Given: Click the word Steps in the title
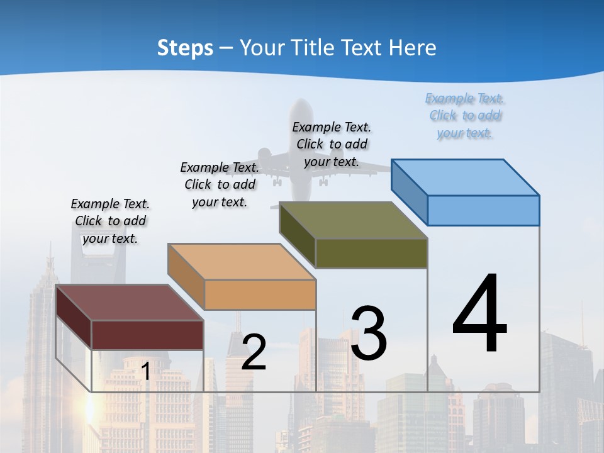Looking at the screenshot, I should pos(185,48).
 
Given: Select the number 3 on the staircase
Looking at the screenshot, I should pos(369,333).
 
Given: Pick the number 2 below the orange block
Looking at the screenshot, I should pos(254,352).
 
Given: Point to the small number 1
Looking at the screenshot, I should pos(145,371).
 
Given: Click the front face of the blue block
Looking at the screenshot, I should pos(483,210).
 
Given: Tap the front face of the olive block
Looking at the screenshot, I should pos(371,254).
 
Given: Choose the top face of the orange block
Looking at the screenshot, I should pos(242,261).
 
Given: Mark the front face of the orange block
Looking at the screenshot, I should pos(260,294).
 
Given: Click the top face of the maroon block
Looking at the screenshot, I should pos(130,303).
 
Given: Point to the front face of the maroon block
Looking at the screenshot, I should pos(147,335).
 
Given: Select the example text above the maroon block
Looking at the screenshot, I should pos(110,221).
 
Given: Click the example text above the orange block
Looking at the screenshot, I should pos(220,184).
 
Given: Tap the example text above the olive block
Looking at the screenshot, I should pos(332,144).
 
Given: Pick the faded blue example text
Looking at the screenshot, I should pos(465,115).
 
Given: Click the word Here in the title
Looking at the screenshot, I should pos(413,48).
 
